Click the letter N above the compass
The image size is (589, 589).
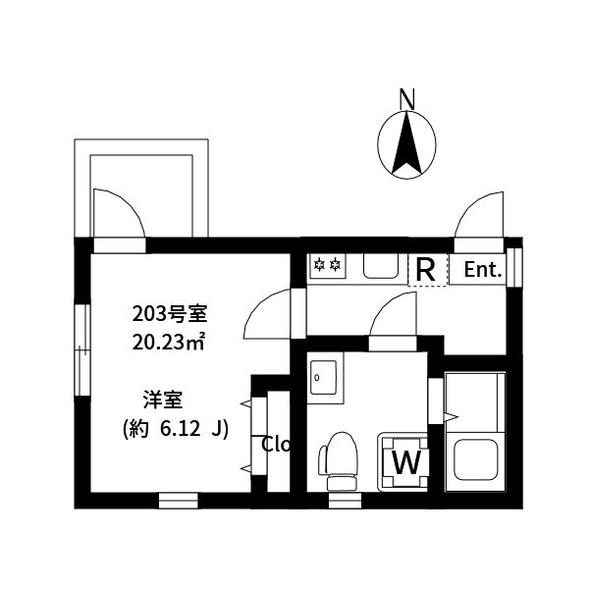coord(407,98)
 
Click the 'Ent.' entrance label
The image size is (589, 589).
coord(483,270)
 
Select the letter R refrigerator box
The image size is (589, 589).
coord(426,269)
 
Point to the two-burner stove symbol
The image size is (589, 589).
coord(326,264)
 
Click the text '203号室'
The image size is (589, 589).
coord(170,315)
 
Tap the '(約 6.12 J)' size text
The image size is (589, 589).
coord(176,429)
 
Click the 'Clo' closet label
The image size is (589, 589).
coord(276,444)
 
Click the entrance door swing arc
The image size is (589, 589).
coord(480,215)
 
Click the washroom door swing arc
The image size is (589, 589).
coord(395,315)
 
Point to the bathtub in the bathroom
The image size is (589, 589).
coord(474,431)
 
